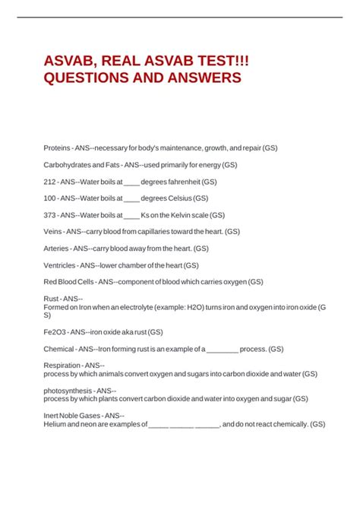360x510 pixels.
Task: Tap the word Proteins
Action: [57, 147]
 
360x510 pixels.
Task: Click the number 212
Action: [51, 182]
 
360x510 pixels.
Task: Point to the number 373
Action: [51, 215]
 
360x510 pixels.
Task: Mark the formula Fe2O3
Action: [56, 332]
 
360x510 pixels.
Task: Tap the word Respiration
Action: [62, 366]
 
